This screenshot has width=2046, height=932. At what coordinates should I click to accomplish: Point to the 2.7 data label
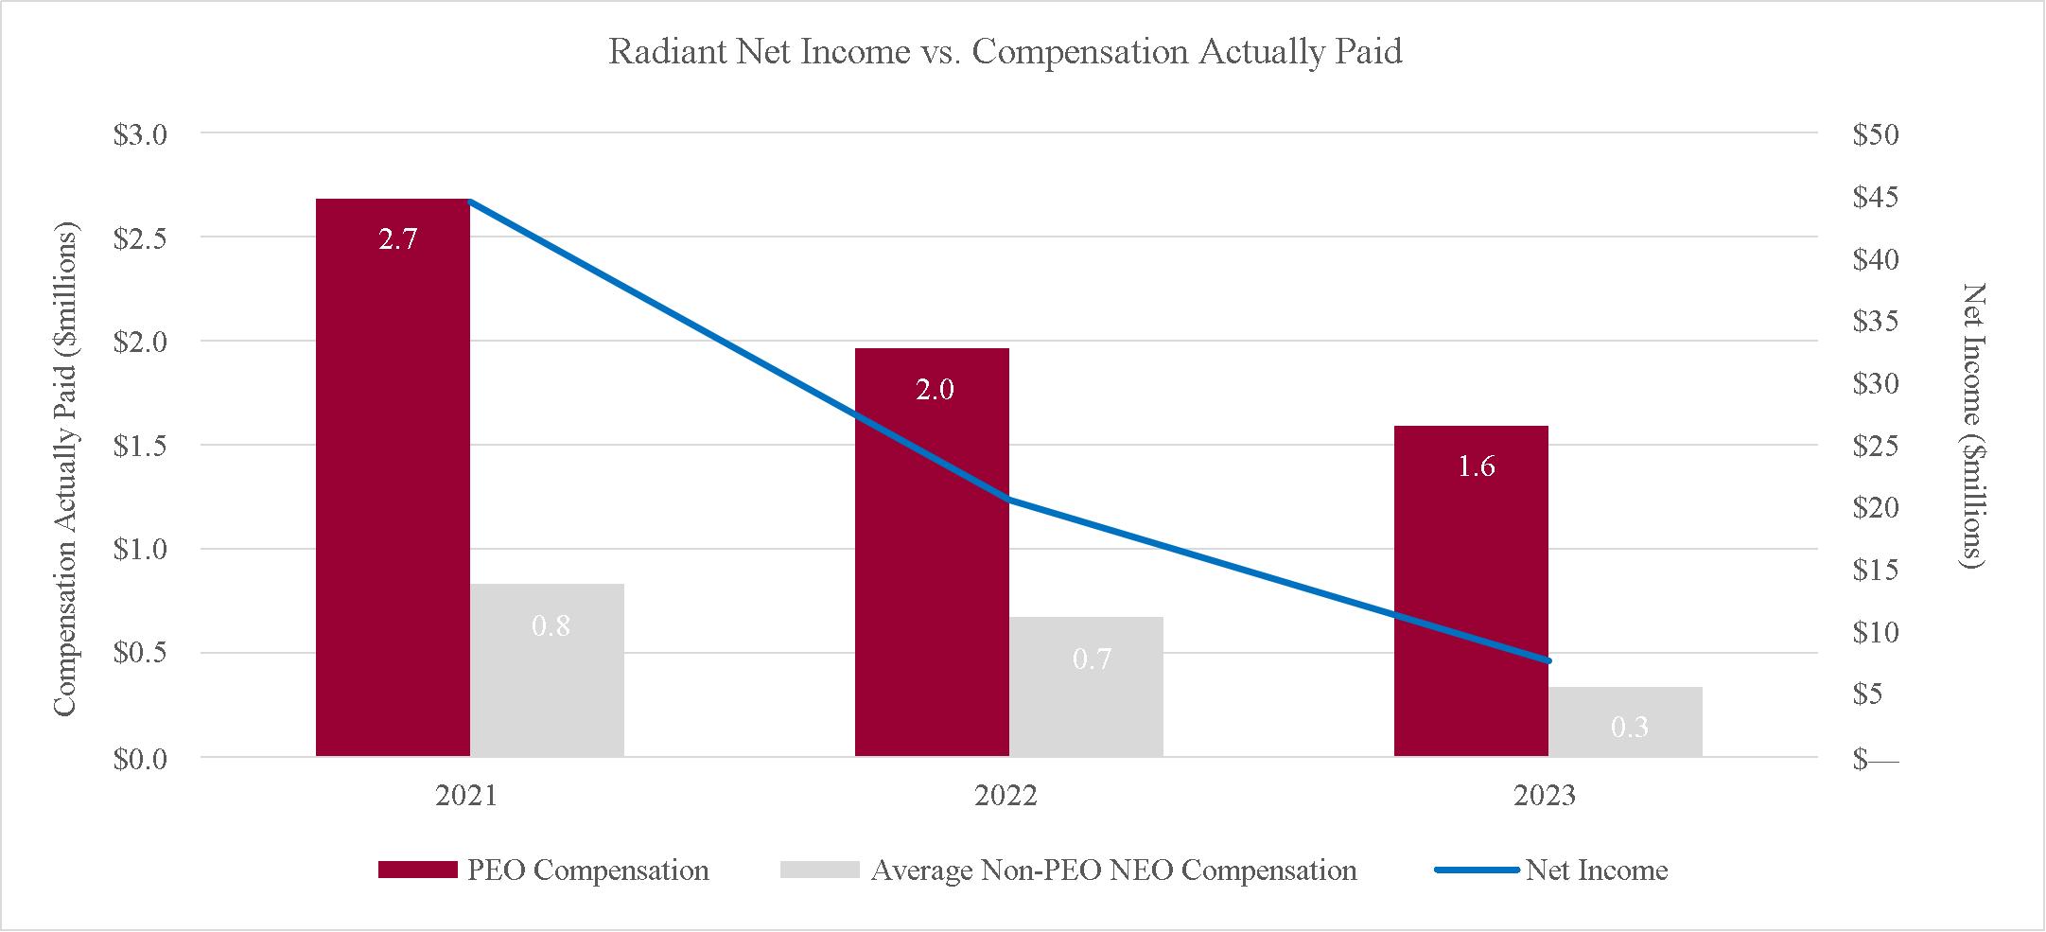click(x=398, y=239)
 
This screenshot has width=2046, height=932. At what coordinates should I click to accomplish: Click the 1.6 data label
click(x=1477, y=466)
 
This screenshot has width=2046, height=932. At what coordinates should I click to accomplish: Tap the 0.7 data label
click(x=1092, y=659)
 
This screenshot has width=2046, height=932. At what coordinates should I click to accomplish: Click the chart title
click(x=1006, y=52)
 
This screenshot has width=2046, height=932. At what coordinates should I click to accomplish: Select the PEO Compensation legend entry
click(x=543, y=870)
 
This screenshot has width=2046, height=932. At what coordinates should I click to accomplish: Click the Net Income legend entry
click(x=1551, y=870)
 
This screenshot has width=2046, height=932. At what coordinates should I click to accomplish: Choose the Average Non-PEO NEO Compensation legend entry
click(x=1069, y=870)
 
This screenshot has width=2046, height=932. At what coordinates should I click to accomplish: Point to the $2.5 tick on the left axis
click(x=140, y=238)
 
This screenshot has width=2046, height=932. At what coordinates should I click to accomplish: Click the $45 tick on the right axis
click(x=1876, y=198)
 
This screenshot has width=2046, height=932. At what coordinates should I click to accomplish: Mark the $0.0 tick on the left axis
click(x=140, y=759)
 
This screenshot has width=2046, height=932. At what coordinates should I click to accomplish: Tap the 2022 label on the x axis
click(x=1006, y=796)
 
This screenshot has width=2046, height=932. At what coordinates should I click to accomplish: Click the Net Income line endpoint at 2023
click(x=1548, y=660)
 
